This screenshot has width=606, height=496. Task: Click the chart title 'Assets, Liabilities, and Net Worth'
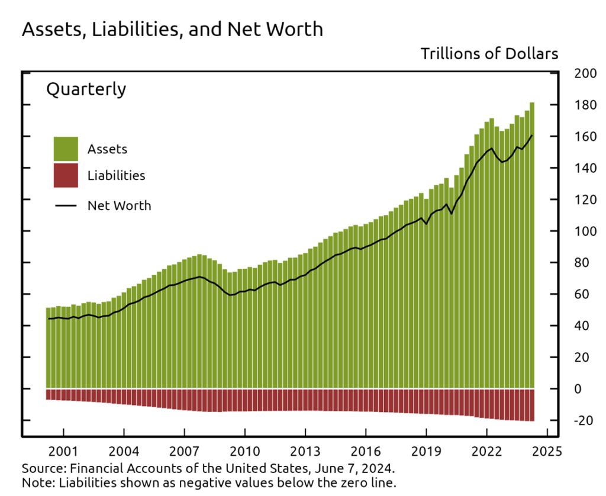click(x=172, y=29)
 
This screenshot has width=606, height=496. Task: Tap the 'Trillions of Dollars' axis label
click(x=489, y=54)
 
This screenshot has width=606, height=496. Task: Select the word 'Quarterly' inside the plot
click(x=86, y=89)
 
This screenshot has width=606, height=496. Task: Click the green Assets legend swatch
click(x=66, y=149)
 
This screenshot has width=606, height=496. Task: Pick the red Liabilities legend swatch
click(x=66, y=175)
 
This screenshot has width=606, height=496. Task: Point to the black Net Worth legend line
click(x=66, y=206)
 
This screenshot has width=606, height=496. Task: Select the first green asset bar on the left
click(x=48, y=349)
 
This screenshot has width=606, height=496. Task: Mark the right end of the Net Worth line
click(x=532, y=136)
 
